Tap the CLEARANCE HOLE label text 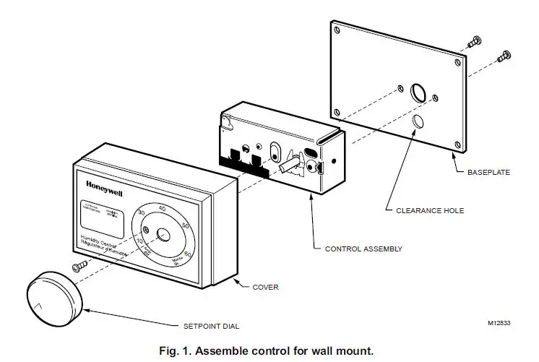coord(431,211)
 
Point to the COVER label coord(267,287)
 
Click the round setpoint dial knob coord(54,296)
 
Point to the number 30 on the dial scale coord(142,213)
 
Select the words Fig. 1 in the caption coord(178,350)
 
